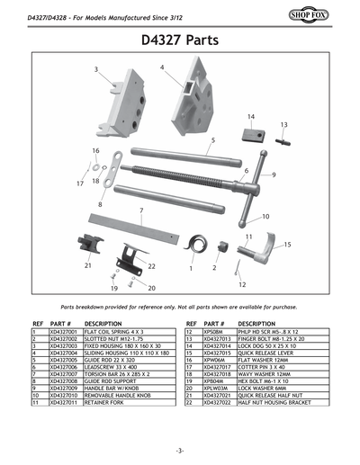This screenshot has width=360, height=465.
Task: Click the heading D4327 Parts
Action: (x=180, y=40)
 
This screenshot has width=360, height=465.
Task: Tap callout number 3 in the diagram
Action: (x=96, y=69)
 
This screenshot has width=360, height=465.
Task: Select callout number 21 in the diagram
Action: (x=87, y=266)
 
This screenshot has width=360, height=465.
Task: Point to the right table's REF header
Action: (x=191, y=323)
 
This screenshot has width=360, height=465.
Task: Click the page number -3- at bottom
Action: (x=180, y=450)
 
